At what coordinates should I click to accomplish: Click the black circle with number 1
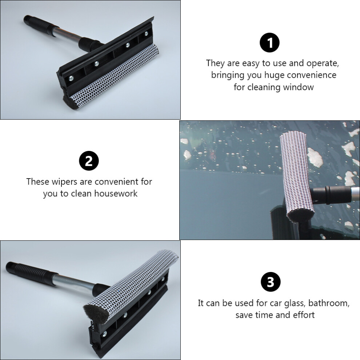269,43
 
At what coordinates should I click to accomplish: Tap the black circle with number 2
89,161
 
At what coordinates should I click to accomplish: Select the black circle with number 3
271,282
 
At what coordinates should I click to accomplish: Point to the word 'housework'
116,193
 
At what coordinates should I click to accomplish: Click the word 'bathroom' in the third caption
329,303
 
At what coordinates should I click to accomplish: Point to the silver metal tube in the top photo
68,36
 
